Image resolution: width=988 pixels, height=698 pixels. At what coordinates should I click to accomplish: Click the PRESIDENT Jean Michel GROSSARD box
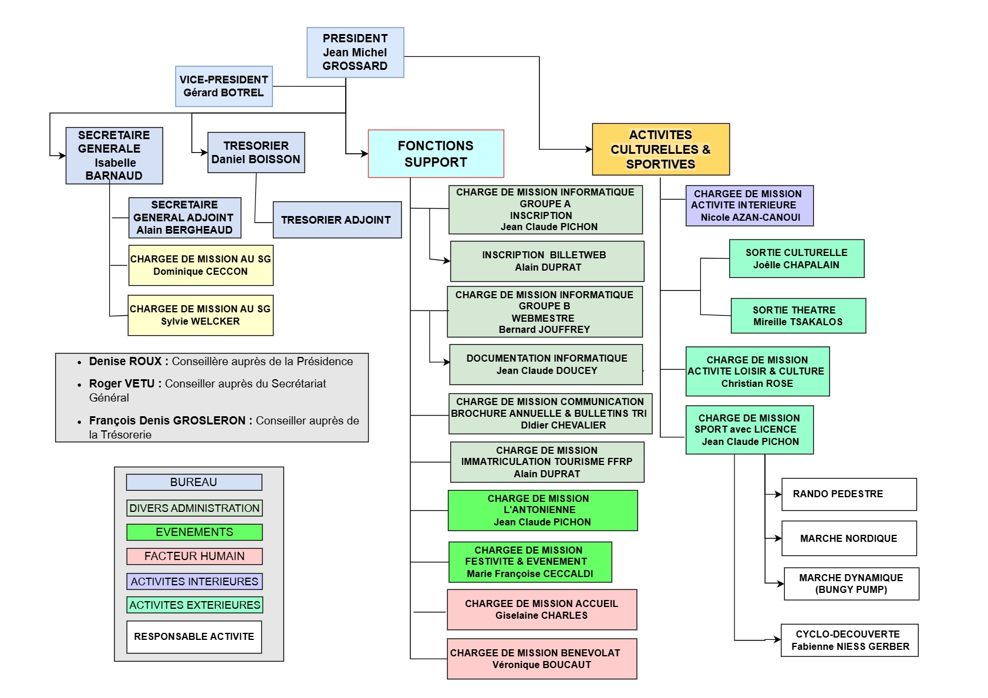(x=355, y=52)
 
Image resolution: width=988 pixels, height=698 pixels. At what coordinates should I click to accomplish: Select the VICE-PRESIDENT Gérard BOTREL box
(x=224, y=86)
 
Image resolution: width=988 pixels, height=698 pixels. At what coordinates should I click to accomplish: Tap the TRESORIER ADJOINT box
(x=336, y=220)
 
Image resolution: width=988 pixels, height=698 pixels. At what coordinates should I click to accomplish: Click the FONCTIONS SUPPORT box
(x=436, y=154)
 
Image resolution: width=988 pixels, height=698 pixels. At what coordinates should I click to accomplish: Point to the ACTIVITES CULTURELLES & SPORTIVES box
(x=660, y=149)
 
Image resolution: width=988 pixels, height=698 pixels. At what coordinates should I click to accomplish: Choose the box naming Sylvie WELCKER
(x=200, y=315)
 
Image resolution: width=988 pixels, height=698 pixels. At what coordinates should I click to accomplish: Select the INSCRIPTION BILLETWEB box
(x=547, y=261)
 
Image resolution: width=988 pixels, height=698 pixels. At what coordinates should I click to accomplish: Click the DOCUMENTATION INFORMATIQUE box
(x=546, y=365)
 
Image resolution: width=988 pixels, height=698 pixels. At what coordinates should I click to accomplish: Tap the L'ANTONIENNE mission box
(x=542, y=510)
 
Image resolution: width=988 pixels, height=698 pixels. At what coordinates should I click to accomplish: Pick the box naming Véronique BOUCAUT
(x=541, y=659)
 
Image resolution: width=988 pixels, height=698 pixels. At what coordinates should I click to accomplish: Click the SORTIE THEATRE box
(x=798, y=316)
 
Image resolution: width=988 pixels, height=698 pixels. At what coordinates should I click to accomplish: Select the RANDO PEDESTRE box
(x=848, y=494)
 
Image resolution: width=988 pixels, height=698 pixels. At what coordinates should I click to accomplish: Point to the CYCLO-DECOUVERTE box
(x=849, y=640)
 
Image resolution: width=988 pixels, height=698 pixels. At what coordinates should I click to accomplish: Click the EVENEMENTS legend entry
(x=194, y=532)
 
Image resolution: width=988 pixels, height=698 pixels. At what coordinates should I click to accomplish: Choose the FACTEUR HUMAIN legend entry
(x=194, y=556)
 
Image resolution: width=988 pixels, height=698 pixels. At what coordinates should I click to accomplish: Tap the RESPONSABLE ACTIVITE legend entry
(x=194, y=637)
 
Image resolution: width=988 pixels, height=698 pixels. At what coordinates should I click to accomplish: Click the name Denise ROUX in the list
(x=125, y=362)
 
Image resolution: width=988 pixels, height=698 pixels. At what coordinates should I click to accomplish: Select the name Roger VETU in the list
(x=122, y=384)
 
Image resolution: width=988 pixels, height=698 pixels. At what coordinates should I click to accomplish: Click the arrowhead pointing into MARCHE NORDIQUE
(x=778, y=538)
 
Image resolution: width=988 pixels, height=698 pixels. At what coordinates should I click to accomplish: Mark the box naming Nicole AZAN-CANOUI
(x=749, y=205)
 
